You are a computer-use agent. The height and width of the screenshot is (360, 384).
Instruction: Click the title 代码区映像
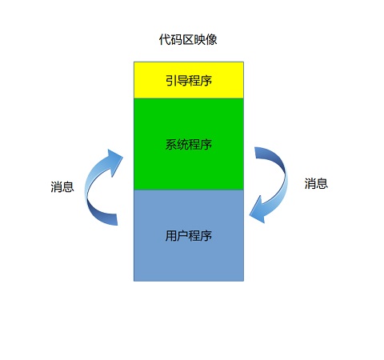pos(188,40)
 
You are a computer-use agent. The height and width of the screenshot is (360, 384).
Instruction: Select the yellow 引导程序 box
pos(189,80)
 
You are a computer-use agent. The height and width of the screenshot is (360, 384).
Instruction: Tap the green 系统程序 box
pos(189,144)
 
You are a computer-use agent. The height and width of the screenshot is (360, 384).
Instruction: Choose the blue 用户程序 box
pos(189,235)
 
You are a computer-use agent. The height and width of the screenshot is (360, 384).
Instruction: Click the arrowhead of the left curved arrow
pos(116,160)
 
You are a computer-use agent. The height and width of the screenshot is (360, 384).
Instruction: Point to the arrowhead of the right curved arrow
pos(258,210)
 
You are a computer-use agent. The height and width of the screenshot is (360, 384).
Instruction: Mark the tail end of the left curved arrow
pos(117,220)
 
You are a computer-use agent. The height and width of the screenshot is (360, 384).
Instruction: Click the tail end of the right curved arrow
pos(255,153)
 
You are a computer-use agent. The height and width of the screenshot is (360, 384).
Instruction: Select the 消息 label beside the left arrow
pos(62,186)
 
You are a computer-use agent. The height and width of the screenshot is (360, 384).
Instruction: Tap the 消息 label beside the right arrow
pos(316,183)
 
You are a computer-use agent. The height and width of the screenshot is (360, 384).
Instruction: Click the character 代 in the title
pos(165,40)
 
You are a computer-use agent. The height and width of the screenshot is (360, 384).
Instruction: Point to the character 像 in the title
pos(211,40)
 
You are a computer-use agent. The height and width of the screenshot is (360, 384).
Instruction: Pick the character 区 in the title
pos(188,40)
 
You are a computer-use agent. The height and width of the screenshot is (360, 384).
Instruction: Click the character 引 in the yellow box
pos(171,80)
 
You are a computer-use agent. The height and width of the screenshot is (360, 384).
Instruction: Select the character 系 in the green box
pos(171,144)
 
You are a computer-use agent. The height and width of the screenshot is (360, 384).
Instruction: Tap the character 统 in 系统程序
pos(182,144)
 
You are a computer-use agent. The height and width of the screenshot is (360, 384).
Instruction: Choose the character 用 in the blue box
pos(171,236)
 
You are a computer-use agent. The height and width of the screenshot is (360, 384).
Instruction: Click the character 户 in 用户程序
pos(182,236)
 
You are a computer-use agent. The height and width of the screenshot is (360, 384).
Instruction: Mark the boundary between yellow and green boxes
pos(189,98)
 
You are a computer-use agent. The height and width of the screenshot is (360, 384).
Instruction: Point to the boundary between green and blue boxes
pos(189,190)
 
